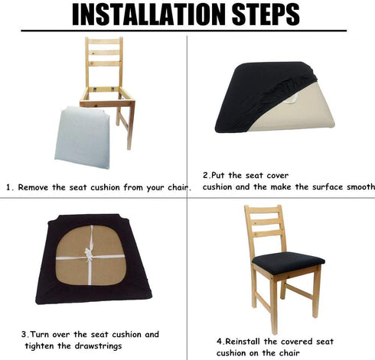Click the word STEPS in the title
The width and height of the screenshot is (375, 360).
pyautogui.click(x=266, y=15)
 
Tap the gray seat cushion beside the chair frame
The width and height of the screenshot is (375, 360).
pyautogui.click(x=82, y=138)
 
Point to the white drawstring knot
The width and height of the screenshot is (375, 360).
pyautogui.click(x=89, y=254)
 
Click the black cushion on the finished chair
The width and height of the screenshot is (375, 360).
pyautogui.click(x=289, y=262)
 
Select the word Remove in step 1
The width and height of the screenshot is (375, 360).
pyautogui.click(x=33, y=187)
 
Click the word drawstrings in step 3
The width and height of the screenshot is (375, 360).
pyautogui.click(x=98, y=346)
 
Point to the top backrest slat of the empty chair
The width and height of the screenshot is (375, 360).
pyautogui.click(x=104, y=41)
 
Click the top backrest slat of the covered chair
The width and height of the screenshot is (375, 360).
pyautogui.click(x=264, y=212)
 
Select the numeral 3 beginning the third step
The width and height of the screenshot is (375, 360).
pyautogui.click(x=24, y=334)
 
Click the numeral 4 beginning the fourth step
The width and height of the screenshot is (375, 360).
pyautogui.click(x=220, y=342)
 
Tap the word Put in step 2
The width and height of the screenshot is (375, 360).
pyautogui.click(x=218, y=176)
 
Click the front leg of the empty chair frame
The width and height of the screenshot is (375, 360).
pyautogui.click(x=130, y=126)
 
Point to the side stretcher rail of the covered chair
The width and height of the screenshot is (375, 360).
pyautogui.click(x=299, y=291)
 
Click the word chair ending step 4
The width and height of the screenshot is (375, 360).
pyautogui.click(x=289, y=353)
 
